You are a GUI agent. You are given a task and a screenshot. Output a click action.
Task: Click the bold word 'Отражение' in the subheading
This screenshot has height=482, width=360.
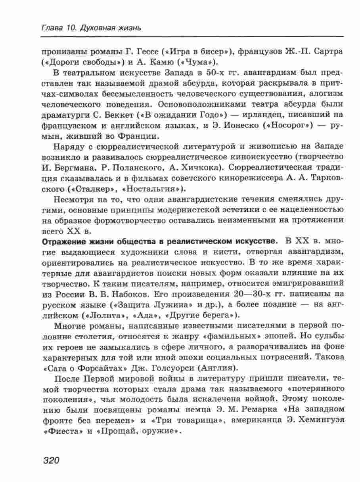pos(65,241)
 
